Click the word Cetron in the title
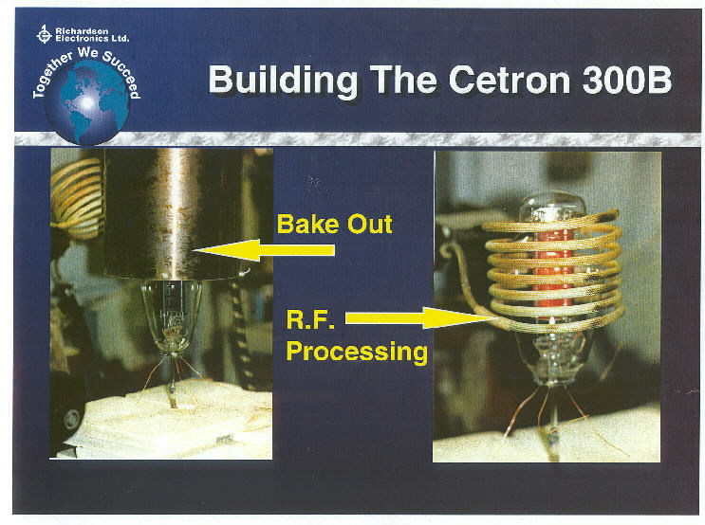[x=509, y=80]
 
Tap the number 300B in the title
[x=626, y=80]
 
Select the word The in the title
[x=403, y=80]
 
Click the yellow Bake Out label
[x=335, y=224]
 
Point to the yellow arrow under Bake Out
[x=265, y=250]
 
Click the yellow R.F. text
[x=310, y=318]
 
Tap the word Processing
[x=357, y=352]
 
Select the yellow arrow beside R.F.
[x=419, y=318]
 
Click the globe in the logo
[x=87, y=102]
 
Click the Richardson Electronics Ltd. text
[x=92, y=34]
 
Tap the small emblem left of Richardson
[x=44, y=34]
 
